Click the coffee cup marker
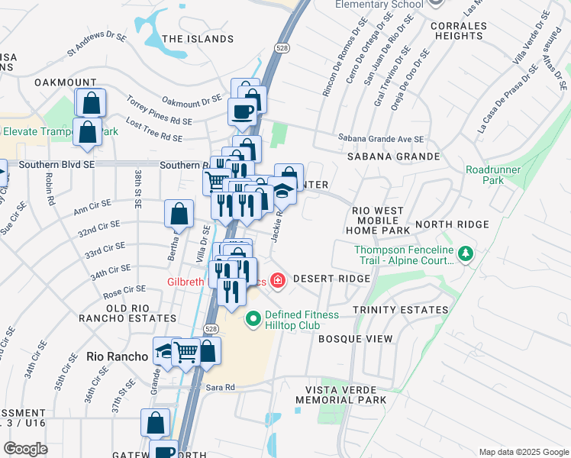(x=242, y=111)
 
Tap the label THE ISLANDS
(x=198, y=39)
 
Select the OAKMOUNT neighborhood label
(x=65, y=82)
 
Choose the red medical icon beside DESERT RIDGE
(x=277, y=279)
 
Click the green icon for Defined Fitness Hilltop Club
(x=252, y=317)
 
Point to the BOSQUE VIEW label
(x=355, y=338)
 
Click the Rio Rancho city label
(x=117, y=356)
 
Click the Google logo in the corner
(x=25, y=449)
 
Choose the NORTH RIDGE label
(x=463, y=224)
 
